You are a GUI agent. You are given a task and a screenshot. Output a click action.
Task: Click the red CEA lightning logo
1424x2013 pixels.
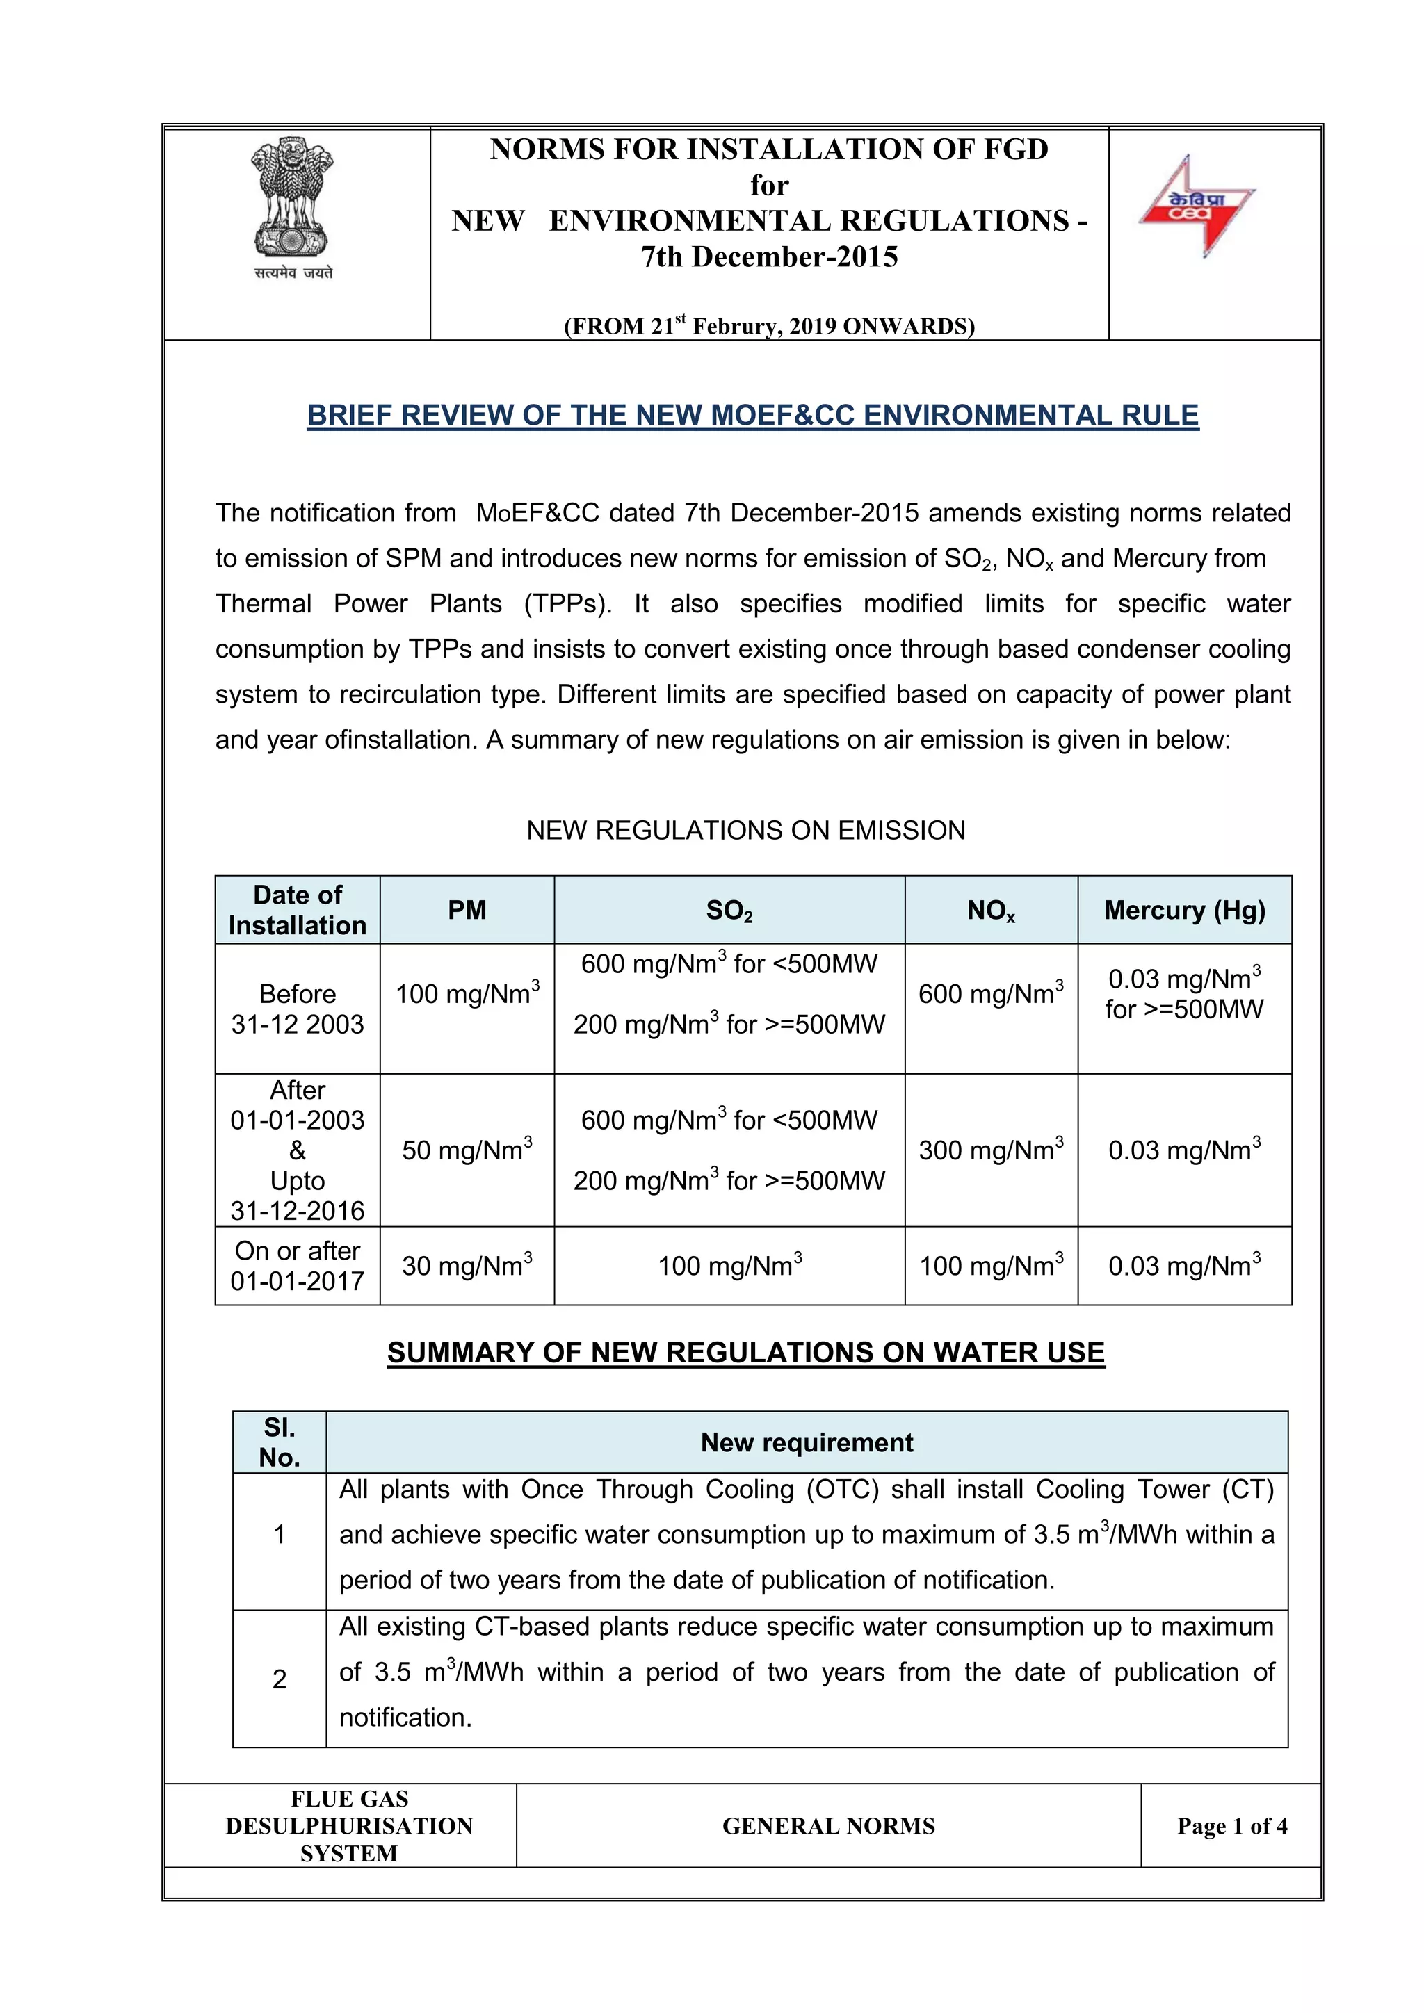click(x=1198, y=207)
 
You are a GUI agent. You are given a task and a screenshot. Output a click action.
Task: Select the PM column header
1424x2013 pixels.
click(x=467, y=910)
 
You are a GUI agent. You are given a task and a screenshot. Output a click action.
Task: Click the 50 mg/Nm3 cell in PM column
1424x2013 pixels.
click(x=467, y=1150)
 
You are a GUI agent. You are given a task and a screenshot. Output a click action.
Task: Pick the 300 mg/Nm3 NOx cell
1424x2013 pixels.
click(x=991, y=1150)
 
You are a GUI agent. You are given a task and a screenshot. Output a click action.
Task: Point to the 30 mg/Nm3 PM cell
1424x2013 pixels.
click(x=467, y=1265)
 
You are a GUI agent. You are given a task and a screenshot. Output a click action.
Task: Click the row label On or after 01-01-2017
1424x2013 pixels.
click(x=298, y=1265)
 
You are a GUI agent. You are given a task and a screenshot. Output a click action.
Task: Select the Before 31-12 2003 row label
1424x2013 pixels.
click(x=298, y=1009)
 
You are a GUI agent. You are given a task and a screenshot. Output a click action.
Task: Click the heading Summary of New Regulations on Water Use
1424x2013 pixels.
click(x=745, y=1352)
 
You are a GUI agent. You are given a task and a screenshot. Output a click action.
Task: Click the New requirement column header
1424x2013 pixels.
click(x=807, y=1442)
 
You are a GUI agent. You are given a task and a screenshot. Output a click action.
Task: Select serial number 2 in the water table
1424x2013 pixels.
click(x=279, y=1679)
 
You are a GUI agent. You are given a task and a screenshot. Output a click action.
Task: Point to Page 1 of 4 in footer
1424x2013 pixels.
click(x=1232, y=1826)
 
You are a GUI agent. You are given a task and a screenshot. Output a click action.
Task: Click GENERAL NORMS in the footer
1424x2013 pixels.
click(x=829, y=1826)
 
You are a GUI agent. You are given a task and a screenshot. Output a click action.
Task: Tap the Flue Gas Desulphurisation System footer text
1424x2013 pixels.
click(x=349, y=1826)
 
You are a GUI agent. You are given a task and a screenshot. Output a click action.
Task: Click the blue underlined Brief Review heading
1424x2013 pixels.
click(x=752, y=415)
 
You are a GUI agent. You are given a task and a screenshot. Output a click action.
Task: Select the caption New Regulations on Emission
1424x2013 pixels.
click(x=745, y=830)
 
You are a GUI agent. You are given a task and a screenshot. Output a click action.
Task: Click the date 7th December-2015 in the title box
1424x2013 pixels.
click(x=769, y=257)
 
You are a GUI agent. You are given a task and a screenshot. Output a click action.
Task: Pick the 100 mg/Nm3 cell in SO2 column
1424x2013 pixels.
click(x=729, y=1265)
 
